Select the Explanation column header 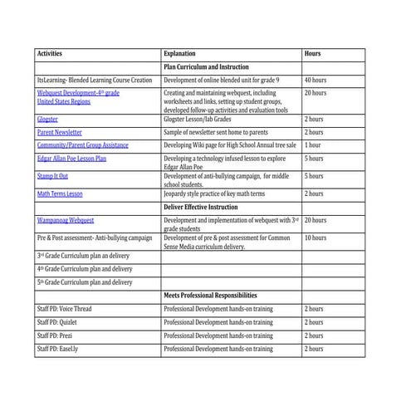180,54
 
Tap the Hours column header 312,54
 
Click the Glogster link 47,120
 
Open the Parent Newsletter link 60,132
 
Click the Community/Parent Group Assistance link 83,144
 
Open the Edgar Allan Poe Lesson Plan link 72,158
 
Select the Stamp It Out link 52,176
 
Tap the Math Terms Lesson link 60,193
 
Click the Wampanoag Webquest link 66,220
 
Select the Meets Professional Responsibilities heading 210,296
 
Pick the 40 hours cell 316,80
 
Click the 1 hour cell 313,144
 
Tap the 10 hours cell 316,237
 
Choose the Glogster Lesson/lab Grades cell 198,120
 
